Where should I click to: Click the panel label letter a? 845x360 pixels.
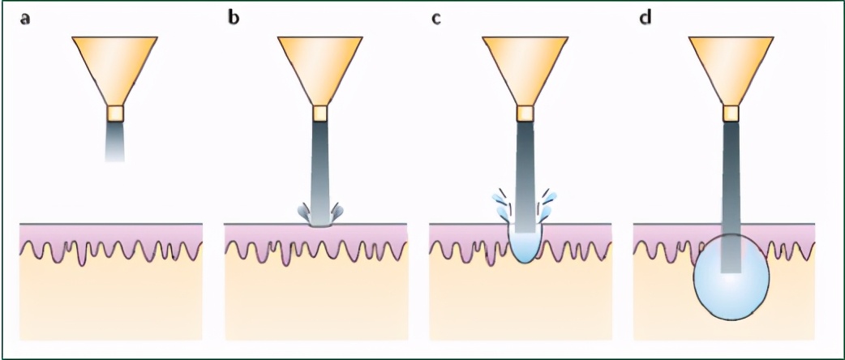(x=26, y=18)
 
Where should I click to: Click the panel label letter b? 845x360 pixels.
(x=234, y=18)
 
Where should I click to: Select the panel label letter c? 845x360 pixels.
(x=436, y=18)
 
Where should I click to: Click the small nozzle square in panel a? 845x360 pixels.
(x=114, y=112)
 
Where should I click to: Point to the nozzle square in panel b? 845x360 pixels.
(x=320, y=112)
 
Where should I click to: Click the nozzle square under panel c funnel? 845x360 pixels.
(x=525, y=112)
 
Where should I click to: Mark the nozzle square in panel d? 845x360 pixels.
(x=731, y=112)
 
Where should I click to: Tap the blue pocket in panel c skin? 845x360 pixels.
(x=525, y=248)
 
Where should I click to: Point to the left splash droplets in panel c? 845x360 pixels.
(x=500, y=205)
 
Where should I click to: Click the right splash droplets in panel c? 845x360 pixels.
(x=551, y=205)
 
